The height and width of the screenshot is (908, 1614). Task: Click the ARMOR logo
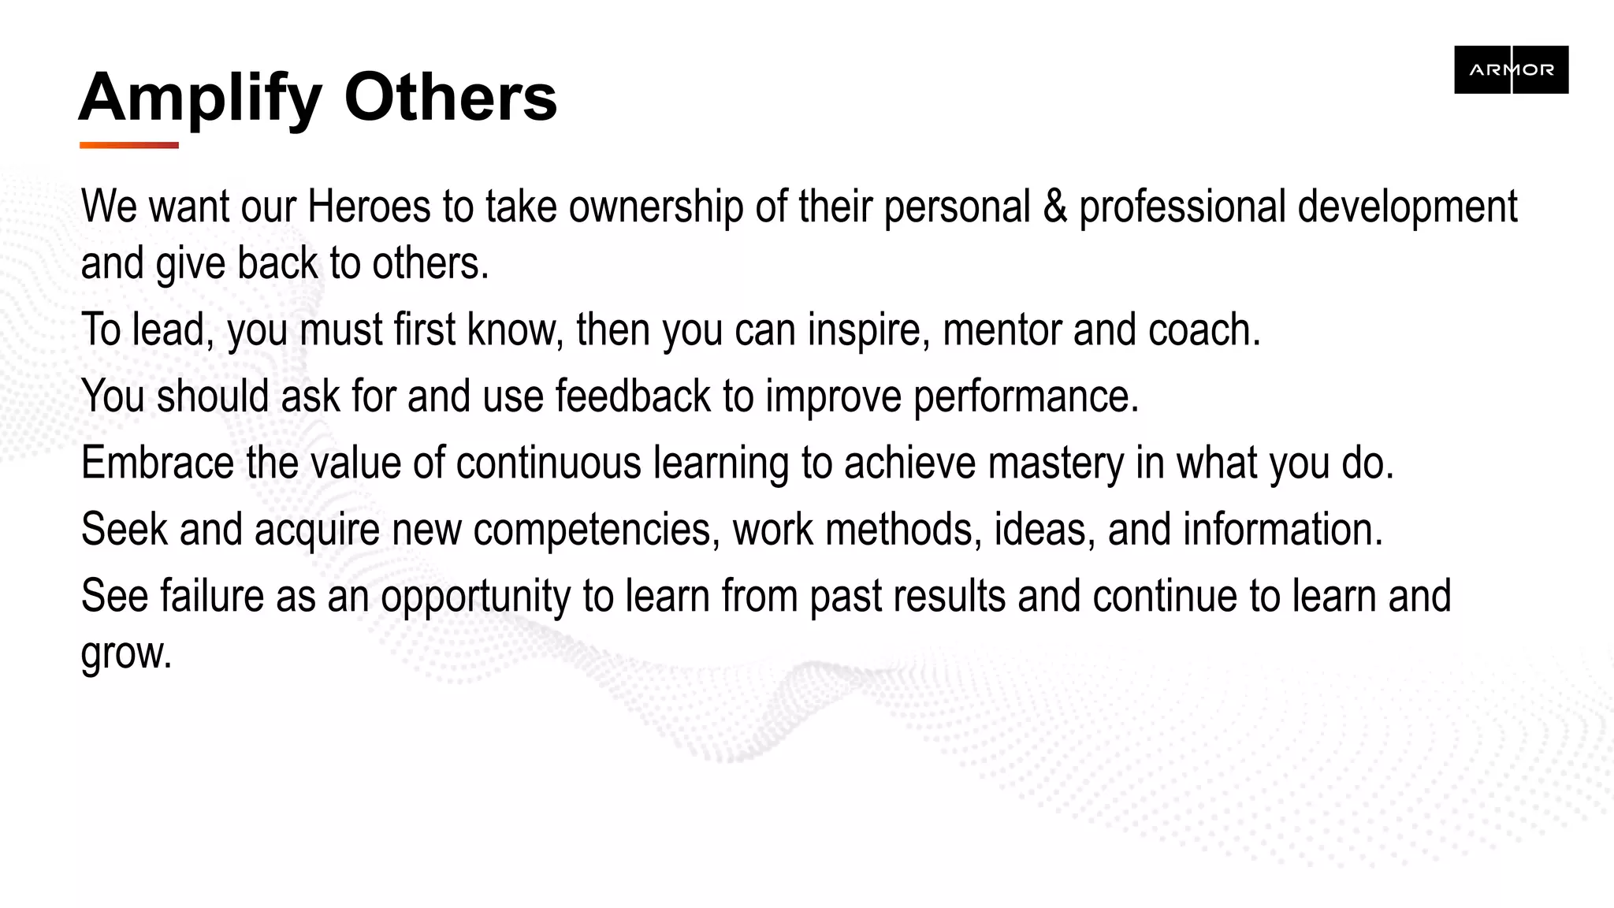[x=1511, y=69]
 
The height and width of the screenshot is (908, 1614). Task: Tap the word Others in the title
[x=450, y=98]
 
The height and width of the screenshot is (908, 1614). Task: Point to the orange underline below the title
[x=129, y=145]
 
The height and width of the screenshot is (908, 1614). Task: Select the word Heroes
[x=369, y=207]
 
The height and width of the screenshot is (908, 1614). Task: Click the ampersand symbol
[x=1054, y=207]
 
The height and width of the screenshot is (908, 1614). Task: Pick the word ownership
[x=656, y=208]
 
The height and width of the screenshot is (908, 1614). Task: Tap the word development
[x=1407, y=208]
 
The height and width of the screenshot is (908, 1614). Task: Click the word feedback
[x=633, y=396]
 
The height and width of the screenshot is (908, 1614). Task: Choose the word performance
[x=1025, y=397]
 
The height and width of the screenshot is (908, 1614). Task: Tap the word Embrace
[x=157, y=463]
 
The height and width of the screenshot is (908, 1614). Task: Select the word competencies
[x=596, y=530]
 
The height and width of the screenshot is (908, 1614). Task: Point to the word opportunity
[x=475, y=597]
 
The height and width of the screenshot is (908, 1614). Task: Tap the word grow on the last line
[x=126, y=654]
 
